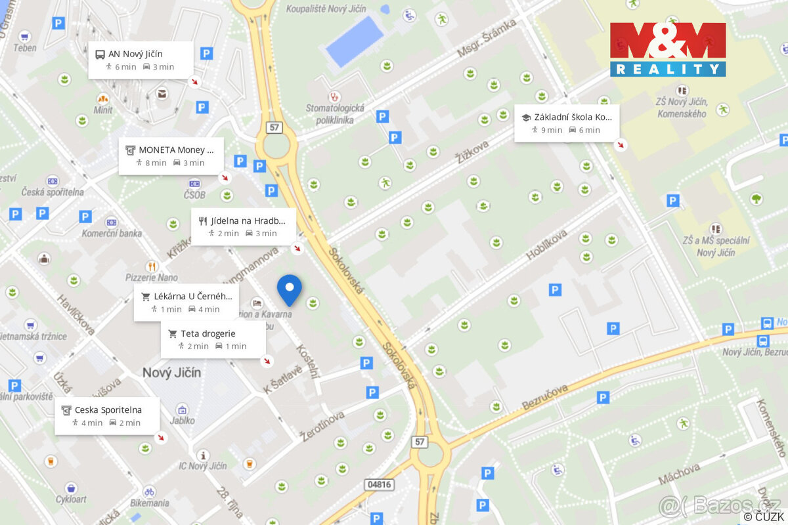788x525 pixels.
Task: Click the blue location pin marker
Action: point(289,289)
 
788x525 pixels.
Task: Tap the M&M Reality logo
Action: point(668,49)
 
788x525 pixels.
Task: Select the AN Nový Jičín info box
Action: point(141,60)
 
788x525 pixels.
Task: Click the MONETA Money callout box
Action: point(171,156)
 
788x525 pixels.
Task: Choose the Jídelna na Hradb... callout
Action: point(243,226)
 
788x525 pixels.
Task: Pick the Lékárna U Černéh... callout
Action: point(186,303)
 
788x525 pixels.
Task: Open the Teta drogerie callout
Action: point(213,339)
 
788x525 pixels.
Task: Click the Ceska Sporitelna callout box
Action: point(107,416)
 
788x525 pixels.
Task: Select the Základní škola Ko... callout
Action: point(567,123)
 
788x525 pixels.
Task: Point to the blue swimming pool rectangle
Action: point(355,41)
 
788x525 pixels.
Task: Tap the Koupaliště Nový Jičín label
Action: point(326,9)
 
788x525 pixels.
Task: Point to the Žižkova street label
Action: point(471,148)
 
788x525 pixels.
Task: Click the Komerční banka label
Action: point(112,234)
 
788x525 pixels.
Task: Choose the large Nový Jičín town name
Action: point(171,373)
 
